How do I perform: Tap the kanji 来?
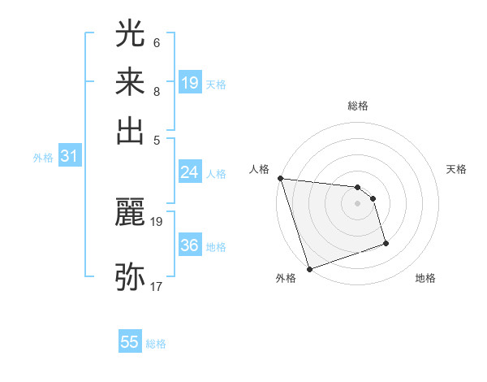click(x=130, y=82)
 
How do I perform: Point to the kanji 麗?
click(x=130, y=213)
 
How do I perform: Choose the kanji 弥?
click(x=130, y=276)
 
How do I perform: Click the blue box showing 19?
click(x=190, y=83)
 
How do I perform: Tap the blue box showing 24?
click(x=190, y=172)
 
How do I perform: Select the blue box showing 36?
click(x=190, y=245)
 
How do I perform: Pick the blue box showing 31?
click(x=69, y=157)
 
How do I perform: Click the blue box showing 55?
click(x=130, y=342)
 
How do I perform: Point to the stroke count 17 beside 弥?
click(x=157, y=286)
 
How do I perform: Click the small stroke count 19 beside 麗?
click(x=157, y=221)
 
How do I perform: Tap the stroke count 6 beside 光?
click(x=156, y=42)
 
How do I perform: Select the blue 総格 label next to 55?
click(x=156, y=344)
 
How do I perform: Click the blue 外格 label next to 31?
click(x=43, y=158)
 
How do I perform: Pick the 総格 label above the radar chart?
click(x=357, y=106)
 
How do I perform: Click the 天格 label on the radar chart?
click(x=456, y=169)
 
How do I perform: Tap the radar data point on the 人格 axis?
click(x=280, y=178)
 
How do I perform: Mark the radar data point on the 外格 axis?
click(x=310, y=269)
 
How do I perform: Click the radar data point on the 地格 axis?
click(x=386, y=243)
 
